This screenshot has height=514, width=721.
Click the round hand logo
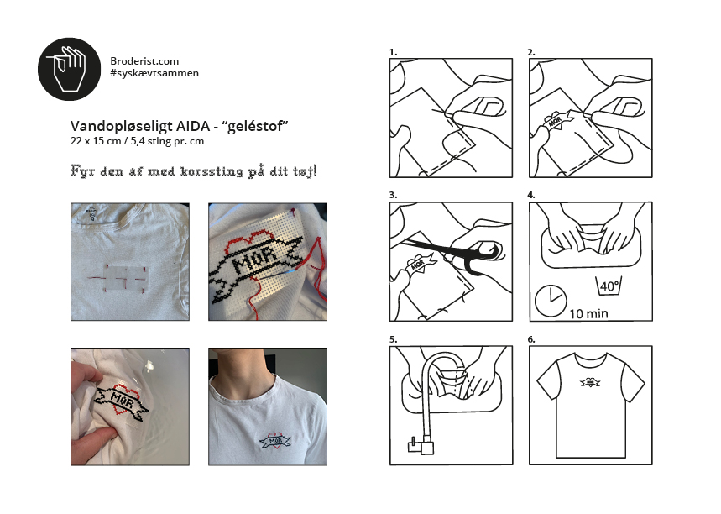pyautogui.click(x=69, y=69)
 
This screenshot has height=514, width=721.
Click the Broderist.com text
pyautogui.click(x=144, y=61)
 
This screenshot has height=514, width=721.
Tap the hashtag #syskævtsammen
pyautogui.click(x=154, y=73)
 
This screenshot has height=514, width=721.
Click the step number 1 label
pyautogui.click(x=393, y=52)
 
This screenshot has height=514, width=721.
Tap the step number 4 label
pyautogui.click(x=531, y=195)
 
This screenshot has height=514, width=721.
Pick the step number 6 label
pyautogui.click(x=531, y=339)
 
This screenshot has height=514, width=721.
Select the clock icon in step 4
pyautogui.click(x=551, y=301)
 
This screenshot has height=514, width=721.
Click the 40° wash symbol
pyautogui.click(x=609, y=286)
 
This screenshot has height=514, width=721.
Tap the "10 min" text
pyautogui.click(x=588, y=314)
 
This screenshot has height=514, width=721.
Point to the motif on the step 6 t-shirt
pyautogui.click(x=590, y=382)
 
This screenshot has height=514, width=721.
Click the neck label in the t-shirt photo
pyautogui.click(x=92, y=213)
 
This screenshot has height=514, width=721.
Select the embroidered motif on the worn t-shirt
pyautogui.click(x=275, y=441)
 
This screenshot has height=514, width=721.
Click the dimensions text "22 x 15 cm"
pyautogui.click(x=96, y=141)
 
